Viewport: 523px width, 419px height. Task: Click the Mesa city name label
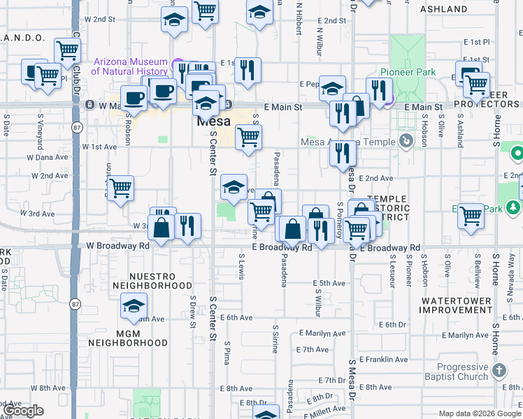[x=213, y=121]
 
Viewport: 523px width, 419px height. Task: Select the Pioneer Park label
[x=408, y=72]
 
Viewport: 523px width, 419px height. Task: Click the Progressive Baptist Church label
[x=461, y=372]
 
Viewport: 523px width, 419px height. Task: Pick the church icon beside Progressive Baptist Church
[x=499, y=369]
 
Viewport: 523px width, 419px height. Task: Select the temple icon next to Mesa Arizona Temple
[x=406, y=142]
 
